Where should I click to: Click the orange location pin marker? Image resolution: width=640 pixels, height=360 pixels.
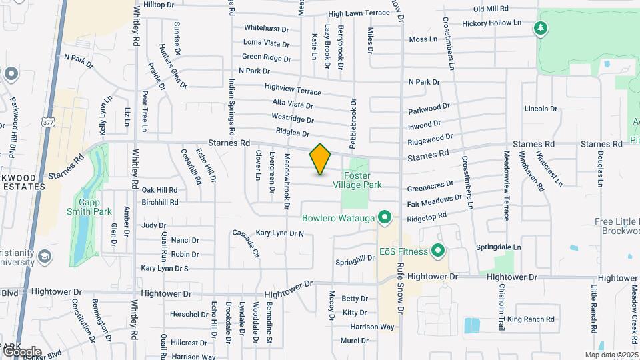[x=321, y=159]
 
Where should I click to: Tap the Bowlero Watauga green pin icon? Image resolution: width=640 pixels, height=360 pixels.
[x=384, y=217]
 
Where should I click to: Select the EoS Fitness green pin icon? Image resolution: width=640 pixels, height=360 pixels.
[x=438, y=251]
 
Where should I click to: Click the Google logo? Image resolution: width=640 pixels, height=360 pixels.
[x=21, y=352]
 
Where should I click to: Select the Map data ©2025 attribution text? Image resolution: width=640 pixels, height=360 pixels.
[x=611, y=355]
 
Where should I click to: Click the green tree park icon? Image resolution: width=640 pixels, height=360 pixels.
[x=541, y=29]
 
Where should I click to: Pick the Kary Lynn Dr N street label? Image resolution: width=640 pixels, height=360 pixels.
[x=280, y=233]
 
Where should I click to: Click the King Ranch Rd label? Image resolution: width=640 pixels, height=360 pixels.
[x=531, y=319]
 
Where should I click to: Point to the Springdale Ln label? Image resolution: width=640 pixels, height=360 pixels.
[x=499, y=247]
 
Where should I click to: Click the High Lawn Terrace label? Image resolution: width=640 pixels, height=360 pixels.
[x=359, y=13]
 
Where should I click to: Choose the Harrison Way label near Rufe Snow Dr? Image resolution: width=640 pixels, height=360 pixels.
[x=372, y=327]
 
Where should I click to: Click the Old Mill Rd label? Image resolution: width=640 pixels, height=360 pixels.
[x=491, y=9]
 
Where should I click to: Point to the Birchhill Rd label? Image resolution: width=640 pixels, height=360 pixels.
[x=160, y=202]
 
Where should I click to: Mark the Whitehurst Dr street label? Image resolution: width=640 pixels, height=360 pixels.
[x=267, y=29]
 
